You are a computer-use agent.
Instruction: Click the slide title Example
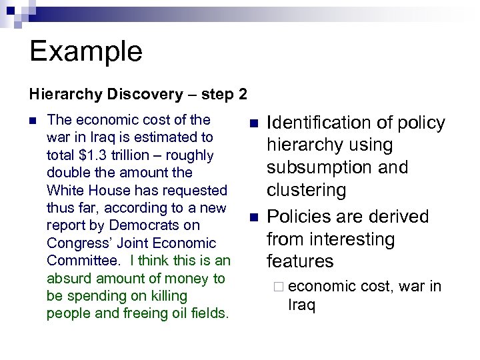pyautogui.click(x=85, y=51)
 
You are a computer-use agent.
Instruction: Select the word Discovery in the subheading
pyautogui.click(x=139, y=94)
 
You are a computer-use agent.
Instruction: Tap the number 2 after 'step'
pyautogui.click(x=241, y=94)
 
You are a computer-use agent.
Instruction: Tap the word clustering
pyautogui.click(x=307, y=191)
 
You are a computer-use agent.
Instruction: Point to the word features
pyautogui.click(x=300, y=261)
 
